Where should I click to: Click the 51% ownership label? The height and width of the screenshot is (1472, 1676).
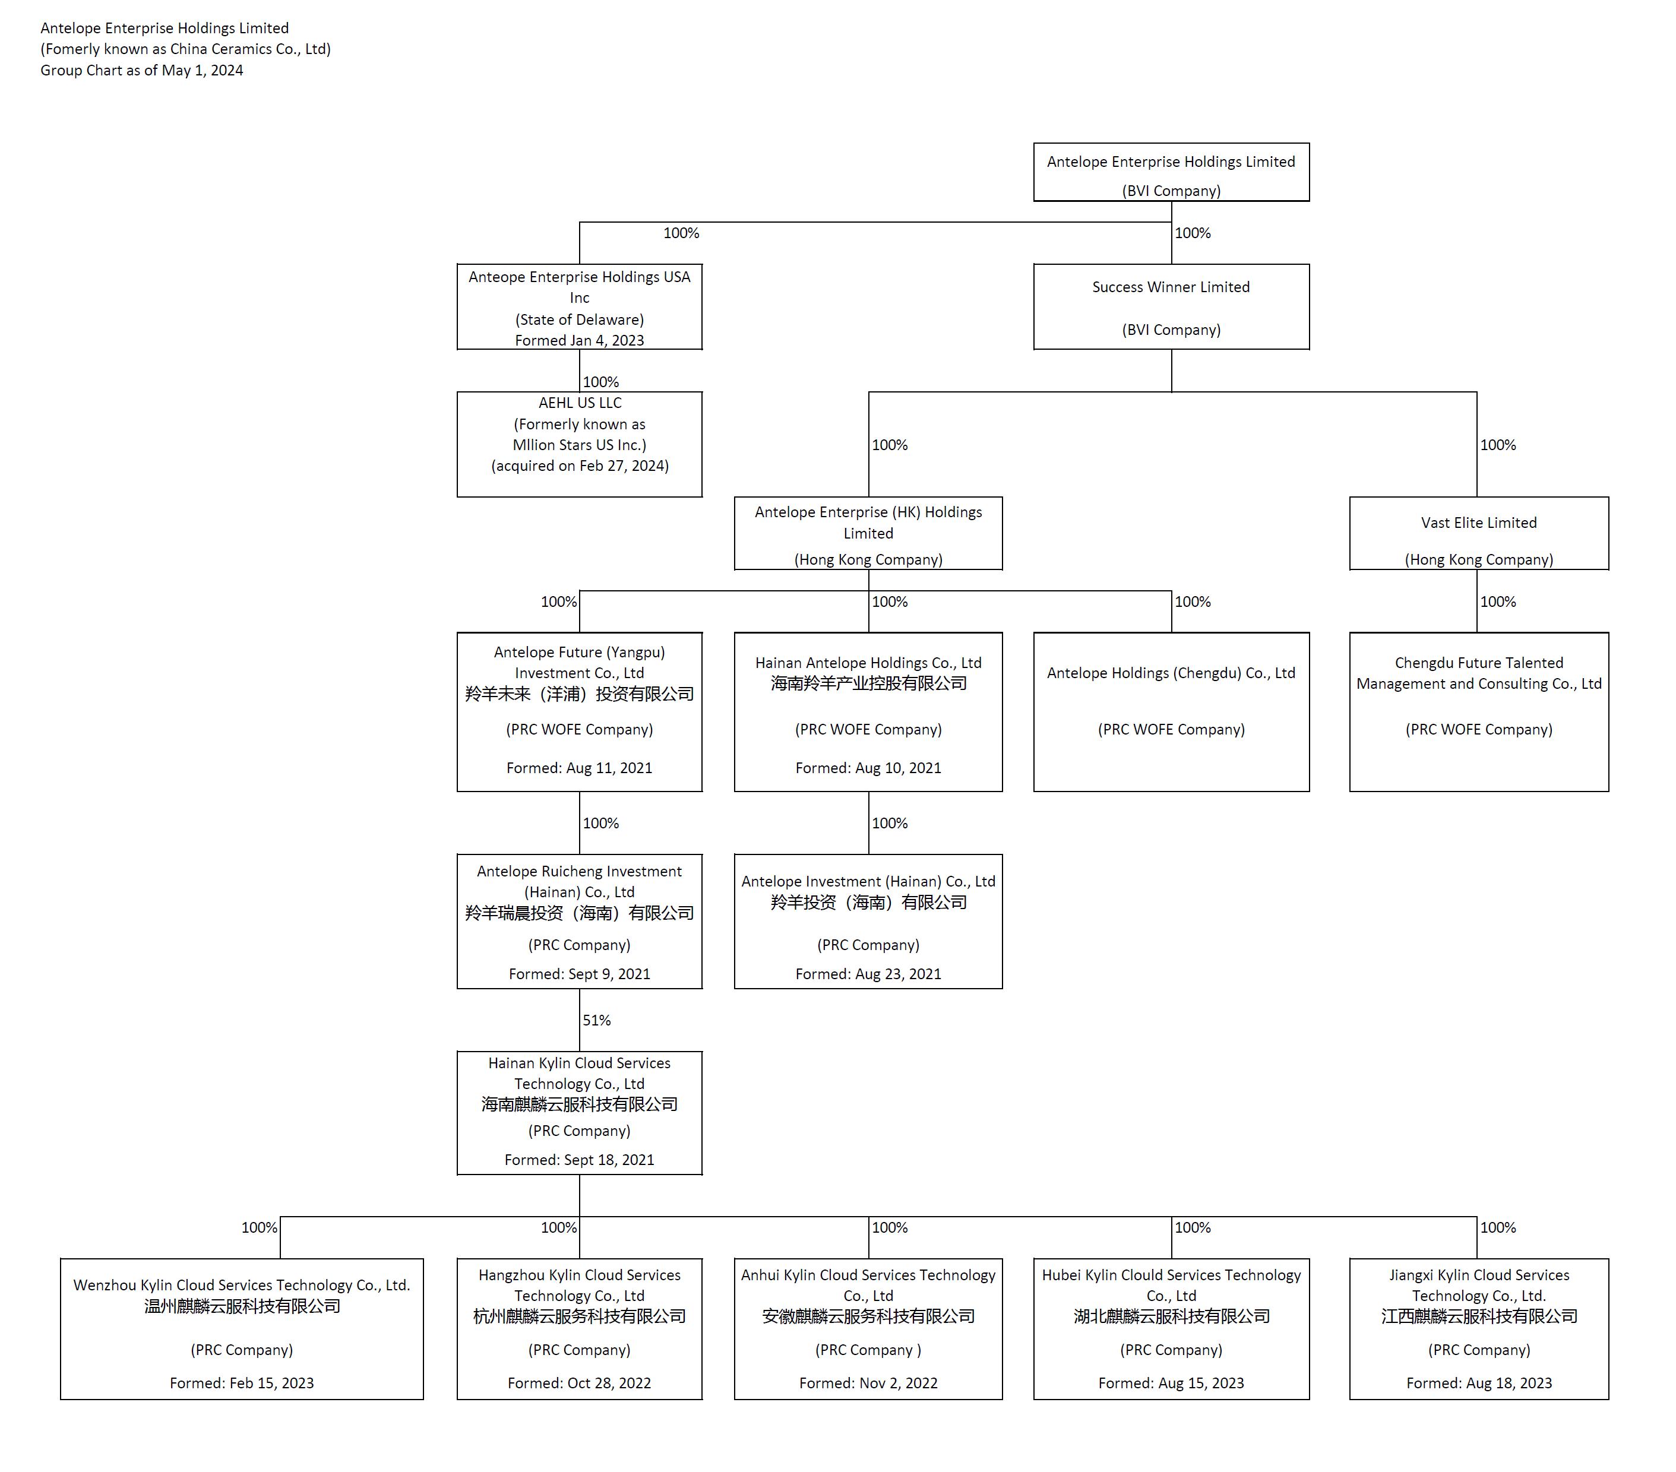click(596, 1020)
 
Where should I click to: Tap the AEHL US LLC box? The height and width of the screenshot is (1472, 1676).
click(579, 444)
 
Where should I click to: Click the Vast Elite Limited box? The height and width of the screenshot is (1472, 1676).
click(1478, 534)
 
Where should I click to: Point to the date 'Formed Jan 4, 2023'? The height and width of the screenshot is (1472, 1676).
click(579, 340)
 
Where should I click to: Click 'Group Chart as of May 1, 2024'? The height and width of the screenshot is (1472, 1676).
click(142, 71)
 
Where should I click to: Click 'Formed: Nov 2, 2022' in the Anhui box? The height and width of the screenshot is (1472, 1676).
click(868, 1383)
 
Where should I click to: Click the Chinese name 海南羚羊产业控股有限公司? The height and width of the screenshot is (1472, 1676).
click(868, 683)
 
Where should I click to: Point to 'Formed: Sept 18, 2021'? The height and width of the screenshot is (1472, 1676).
click(579, 1160)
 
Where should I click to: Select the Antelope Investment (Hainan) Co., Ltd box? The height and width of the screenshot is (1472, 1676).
click(868, 921)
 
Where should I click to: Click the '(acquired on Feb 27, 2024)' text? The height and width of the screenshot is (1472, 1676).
click(579, 466)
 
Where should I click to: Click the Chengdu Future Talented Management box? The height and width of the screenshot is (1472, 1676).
click(1478, 711)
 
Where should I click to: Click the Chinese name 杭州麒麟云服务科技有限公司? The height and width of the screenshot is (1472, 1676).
click(579, 1316)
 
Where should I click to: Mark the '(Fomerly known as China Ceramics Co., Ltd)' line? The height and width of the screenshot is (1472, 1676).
click(185, 49)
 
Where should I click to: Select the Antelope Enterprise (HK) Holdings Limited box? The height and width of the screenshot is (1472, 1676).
click(868, 534)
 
